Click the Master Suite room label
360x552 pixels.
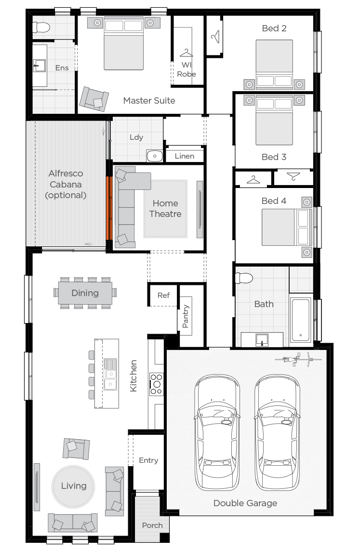[149, 101]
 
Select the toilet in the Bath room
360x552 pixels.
[244, 278]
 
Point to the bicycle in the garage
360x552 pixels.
[298, 360]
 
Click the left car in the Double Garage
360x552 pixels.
[217, 432]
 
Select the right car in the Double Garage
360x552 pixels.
[277, 432]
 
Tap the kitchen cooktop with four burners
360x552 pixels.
[156, 384]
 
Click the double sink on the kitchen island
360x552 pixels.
[110, 374]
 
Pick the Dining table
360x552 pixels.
[85, 293]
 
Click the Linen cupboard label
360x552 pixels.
[185, 156]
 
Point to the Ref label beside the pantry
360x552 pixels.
[163, 296]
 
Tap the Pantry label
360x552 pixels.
[186, 316]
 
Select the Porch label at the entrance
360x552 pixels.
[152, 525]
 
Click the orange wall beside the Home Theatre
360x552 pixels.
[109, 208]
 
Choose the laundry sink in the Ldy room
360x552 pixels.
[155, 156]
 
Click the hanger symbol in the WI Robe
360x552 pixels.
[186, 53]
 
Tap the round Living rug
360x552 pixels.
[73, 486]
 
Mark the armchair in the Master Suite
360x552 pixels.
[93, 99]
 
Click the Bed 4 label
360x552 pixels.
[274, 201]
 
